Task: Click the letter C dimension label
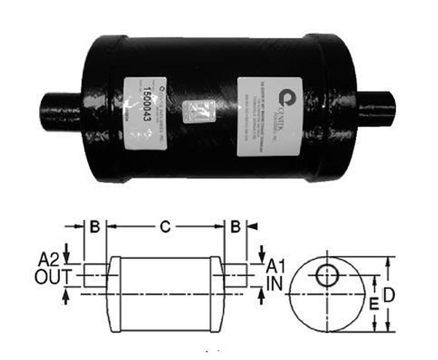[x=165, y=227]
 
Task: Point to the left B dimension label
[x=95, y=227]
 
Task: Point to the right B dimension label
[x=235, y=227]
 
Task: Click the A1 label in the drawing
[x=275, y=266]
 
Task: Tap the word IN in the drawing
[x=275, y=284]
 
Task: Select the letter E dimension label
[x=374, y=305]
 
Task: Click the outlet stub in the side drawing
[x=95, y=275]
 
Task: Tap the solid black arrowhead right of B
[x=253, y=227]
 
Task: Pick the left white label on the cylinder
[x=145, y=113]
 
